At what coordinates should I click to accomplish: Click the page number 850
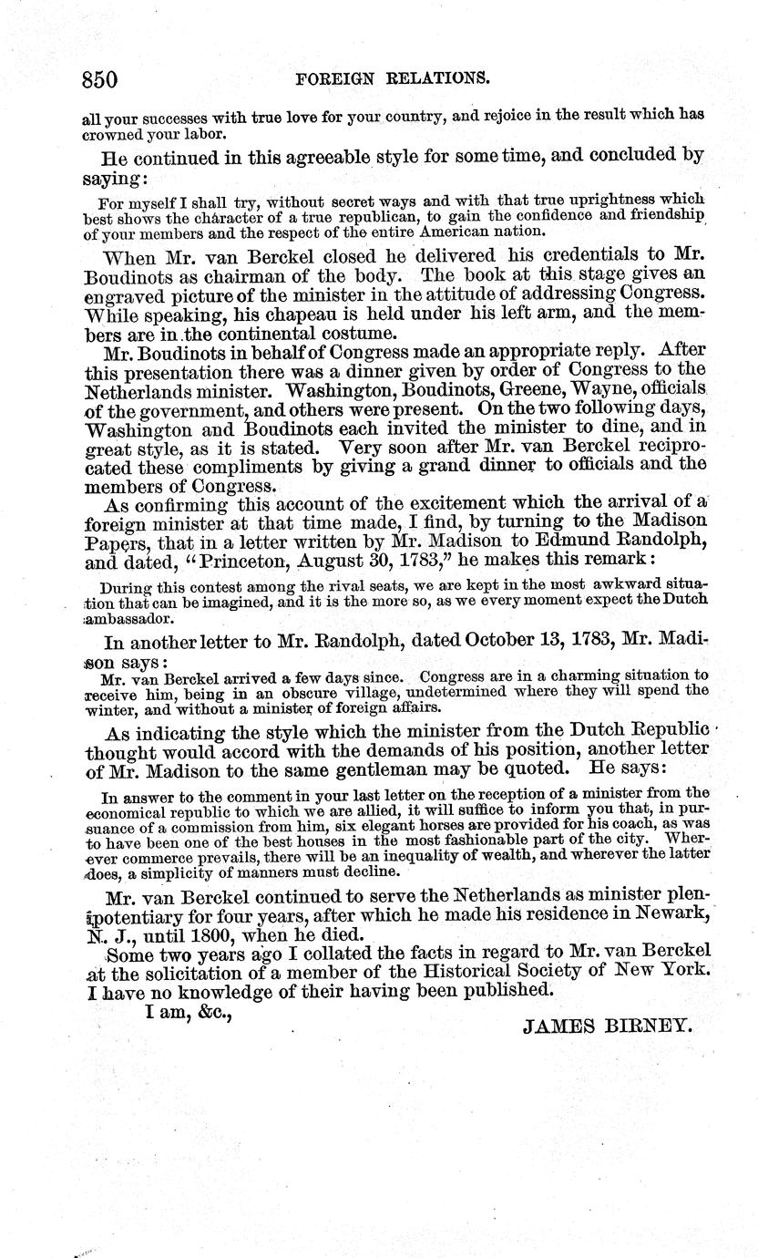(99, 81)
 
